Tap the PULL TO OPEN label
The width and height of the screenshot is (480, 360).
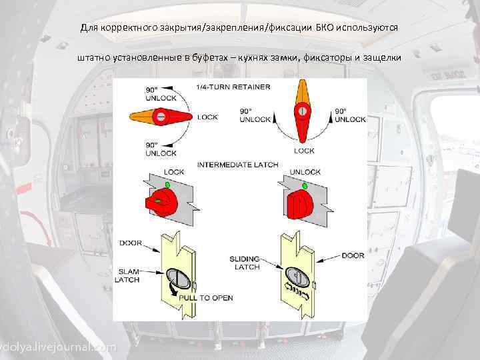point(205,297)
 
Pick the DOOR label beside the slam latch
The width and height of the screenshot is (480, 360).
point(131,243)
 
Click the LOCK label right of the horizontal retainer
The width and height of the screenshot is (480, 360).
point(207,117)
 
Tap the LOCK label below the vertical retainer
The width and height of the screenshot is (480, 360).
point(304,151)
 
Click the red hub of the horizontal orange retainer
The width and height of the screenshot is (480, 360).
point(160,117)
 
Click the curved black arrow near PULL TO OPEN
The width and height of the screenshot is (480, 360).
point(173,292)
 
